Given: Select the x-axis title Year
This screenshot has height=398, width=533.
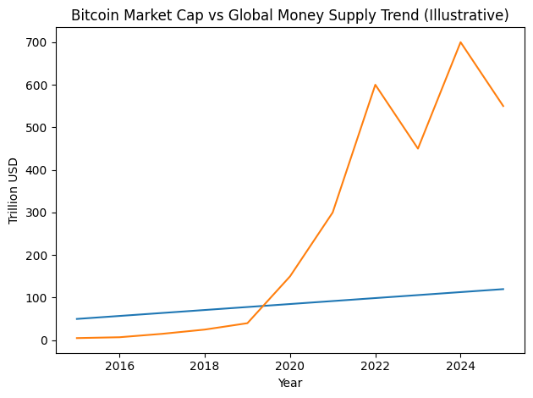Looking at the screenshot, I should (x=289, y=383).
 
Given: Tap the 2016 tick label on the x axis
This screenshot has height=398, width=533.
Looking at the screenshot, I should (x=119, y=365).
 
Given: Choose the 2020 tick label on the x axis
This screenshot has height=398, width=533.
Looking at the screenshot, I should (x=289, y=365).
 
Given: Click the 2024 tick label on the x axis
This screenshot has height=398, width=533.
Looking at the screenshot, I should (x=460, y=365).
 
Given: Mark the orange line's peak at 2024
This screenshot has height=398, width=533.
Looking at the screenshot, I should (x=460, y=42).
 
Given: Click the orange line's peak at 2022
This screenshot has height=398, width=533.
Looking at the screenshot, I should (x=375, y=85).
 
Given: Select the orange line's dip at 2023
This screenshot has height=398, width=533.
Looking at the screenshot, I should (x=418, y=148).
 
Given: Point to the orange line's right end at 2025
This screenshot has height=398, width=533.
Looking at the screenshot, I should (x=503, y=106).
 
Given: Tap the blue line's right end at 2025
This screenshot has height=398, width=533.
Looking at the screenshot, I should (x=503, y=289).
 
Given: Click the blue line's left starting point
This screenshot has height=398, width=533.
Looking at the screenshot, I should (x=77, y=319).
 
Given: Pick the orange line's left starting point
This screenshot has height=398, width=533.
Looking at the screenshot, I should (x=77, y=338).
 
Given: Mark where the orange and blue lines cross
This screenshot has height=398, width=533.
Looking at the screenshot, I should (x=261, y=307).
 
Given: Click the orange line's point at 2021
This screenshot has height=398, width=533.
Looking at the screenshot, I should (x=332, y=213).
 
